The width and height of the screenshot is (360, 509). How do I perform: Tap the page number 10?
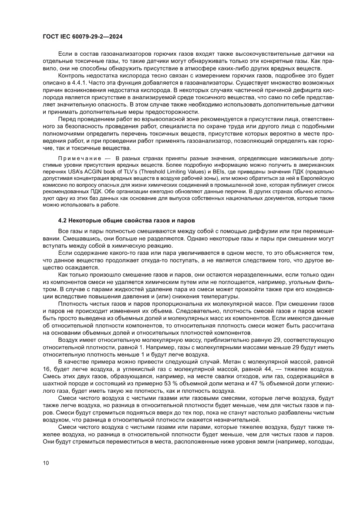(x=46, y=462)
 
